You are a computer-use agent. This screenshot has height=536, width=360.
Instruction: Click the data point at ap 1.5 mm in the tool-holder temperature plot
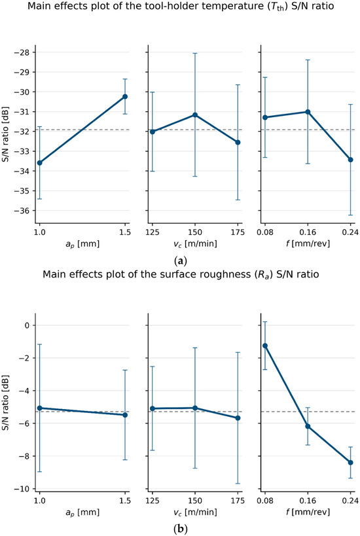point(125,97)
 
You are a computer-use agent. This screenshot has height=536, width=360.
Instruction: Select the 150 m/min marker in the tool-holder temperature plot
point(195,115)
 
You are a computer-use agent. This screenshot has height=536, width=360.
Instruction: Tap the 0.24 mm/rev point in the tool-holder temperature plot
point(350,160)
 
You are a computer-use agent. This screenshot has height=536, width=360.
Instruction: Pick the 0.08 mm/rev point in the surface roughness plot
point(264,346)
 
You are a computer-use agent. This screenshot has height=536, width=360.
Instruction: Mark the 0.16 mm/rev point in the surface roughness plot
point(308,426)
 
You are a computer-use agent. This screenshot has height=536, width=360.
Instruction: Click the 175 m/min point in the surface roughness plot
point(238,418)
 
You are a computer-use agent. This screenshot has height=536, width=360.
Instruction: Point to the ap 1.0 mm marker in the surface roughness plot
point(40,408)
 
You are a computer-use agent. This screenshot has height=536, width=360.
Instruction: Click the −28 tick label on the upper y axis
point(23,52)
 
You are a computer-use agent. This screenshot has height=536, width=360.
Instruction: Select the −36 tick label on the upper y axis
point(23,211)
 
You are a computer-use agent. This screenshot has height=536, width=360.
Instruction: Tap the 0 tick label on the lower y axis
point(28,325)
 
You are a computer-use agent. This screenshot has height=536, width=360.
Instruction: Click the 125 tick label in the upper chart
point(153,232)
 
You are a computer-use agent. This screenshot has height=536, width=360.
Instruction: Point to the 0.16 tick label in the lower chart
point(308,501)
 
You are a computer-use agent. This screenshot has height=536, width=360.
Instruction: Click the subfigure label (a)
point(180,262)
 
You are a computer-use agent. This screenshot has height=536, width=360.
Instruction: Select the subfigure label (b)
point(180,530)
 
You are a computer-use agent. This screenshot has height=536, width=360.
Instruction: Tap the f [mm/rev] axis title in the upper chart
point(308,243)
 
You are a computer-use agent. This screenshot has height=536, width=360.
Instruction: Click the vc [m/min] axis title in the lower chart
point(195,512)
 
